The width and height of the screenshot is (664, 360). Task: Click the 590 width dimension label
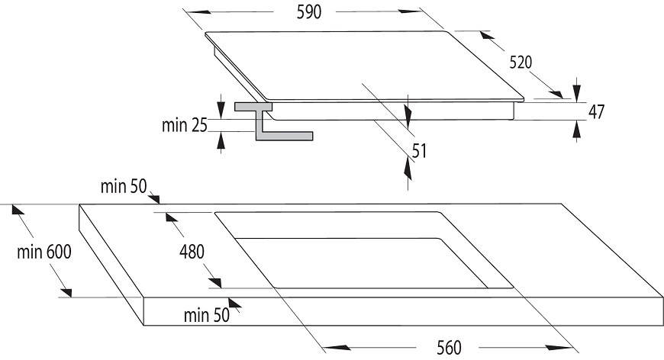(308, 12)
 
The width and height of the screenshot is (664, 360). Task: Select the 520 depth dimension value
(521, 63)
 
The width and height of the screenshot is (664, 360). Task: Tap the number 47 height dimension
(596, 111)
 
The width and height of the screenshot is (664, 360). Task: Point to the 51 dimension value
(419, 151)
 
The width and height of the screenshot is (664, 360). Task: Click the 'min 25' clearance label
(185, 125)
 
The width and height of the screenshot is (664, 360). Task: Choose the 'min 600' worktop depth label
(44, 252)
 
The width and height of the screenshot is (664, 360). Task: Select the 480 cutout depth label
(192, 252)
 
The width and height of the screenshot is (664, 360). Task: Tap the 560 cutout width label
(449, 348)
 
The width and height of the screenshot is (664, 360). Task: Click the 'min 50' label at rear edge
(123, 186)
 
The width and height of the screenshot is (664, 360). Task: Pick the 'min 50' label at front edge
(207, 315)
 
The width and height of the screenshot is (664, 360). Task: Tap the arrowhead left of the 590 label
(199, 12)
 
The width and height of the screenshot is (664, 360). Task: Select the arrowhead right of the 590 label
(411, 11)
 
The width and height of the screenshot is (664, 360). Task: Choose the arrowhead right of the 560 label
(558, 348)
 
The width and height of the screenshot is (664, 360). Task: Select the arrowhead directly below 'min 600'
(66, 293)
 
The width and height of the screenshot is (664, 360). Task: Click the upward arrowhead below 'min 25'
(221, 140)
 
